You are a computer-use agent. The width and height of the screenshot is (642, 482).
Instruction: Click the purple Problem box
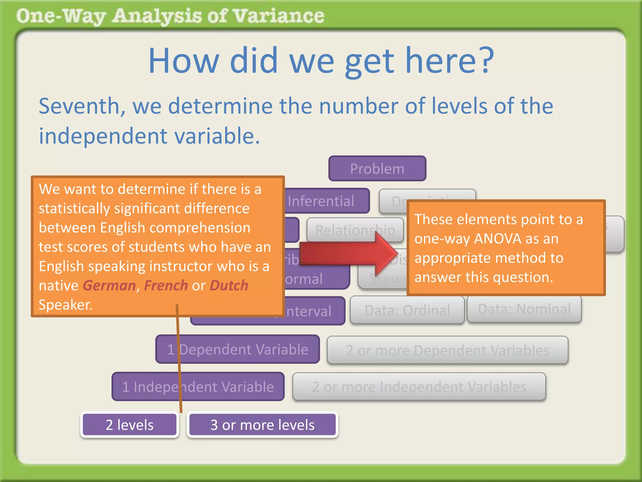click(377, 169)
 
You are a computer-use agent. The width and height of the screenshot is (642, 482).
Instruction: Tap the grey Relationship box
click(355, 230)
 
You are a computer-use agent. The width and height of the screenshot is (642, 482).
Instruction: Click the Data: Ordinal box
click(407, 310)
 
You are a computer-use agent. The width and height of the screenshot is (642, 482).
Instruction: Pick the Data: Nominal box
click(524, 309)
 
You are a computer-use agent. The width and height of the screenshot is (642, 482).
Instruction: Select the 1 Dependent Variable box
click(238, 349)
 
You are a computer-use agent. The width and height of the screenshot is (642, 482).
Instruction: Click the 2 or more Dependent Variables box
click(447, 350)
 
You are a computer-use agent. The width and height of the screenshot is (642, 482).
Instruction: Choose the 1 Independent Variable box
click(198, 387)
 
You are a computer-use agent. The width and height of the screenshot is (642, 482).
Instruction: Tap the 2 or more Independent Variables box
click(419, 387)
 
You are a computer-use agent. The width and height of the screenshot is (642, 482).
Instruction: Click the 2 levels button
click(129, 425)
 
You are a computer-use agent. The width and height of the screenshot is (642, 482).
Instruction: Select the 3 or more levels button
click(262, 425)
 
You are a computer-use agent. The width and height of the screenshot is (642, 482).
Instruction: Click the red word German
click(109, 286)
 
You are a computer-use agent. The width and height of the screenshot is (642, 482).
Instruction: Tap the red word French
click(166, 286)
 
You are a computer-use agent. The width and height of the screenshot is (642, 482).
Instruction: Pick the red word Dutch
click(229, 286)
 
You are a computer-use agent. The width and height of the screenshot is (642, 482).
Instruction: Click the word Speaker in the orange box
click(66, 305)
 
